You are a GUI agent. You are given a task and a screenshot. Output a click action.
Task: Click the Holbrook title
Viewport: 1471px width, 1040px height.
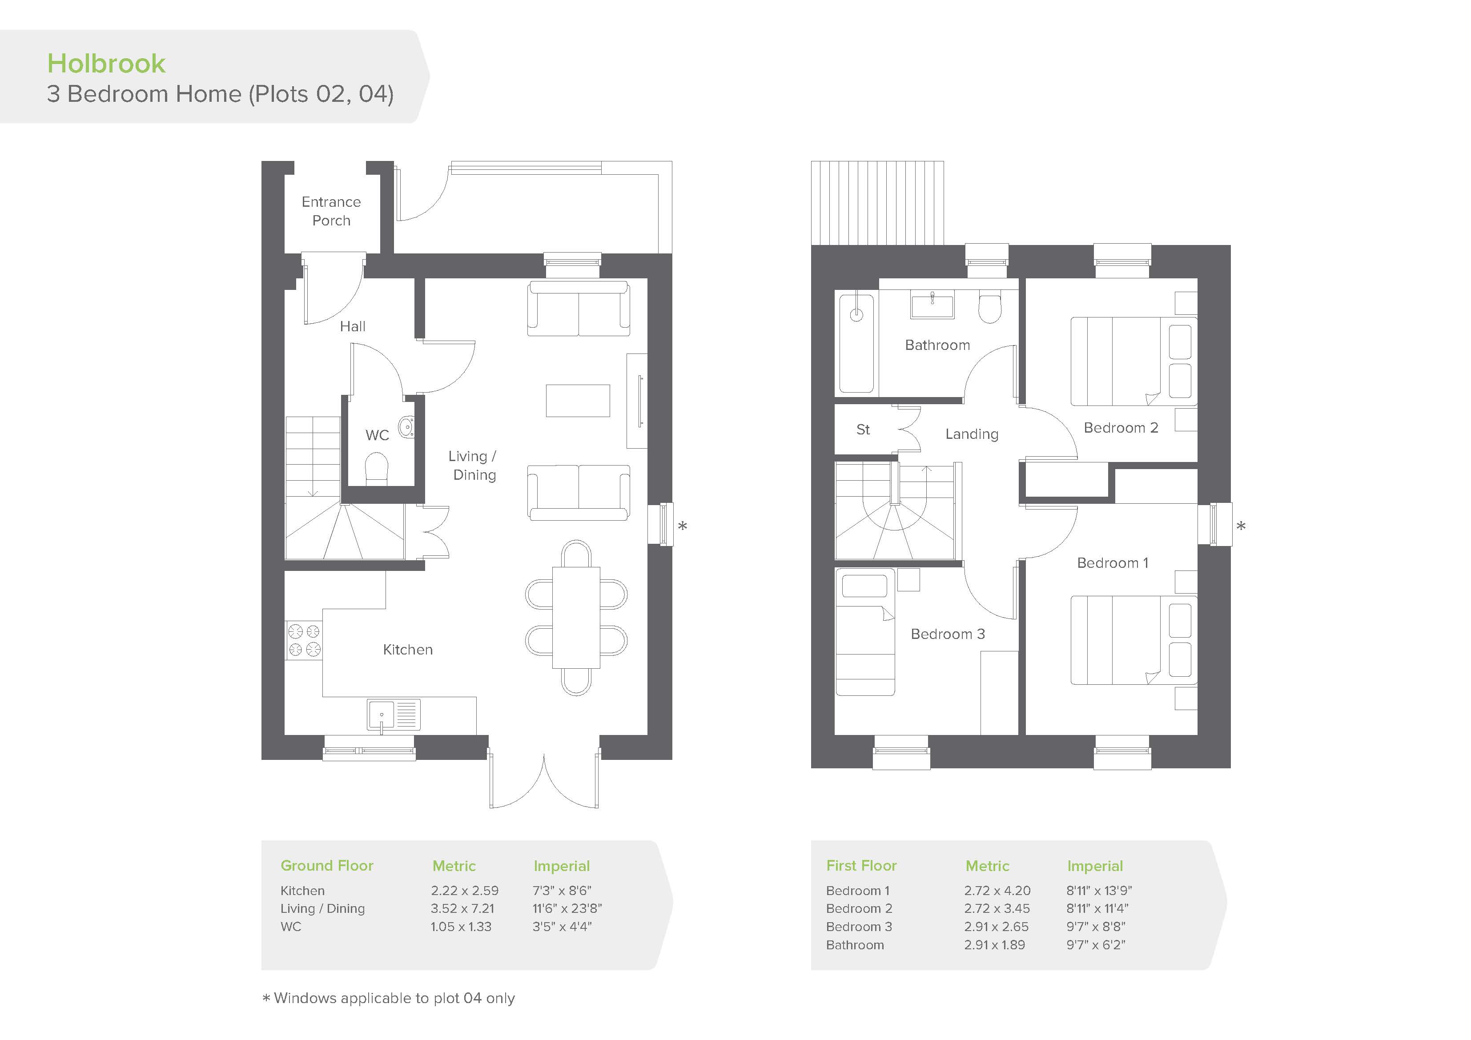point(106,64)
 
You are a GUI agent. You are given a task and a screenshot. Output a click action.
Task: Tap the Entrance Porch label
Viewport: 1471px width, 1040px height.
point(331,211)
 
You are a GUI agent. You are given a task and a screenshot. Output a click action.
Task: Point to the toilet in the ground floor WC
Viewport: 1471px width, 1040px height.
point(377,468)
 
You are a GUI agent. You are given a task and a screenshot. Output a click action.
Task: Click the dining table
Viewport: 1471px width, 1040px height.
point(576,618)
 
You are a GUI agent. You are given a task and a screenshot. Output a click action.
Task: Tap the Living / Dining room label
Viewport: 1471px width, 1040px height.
point(473,465)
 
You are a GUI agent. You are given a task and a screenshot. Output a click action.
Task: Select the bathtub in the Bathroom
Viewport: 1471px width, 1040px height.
point(856,343)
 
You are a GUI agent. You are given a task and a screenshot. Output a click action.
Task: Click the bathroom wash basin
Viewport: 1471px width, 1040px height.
point(932,304)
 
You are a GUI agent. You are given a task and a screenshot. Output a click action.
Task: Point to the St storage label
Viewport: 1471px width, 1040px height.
point(863,430)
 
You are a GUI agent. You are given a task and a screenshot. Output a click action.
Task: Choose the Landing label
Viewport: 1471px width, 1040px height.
point(972,434)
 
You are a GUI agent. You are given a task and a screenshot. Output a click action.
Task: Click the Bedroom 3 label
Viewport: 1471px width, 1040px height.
point(948,634)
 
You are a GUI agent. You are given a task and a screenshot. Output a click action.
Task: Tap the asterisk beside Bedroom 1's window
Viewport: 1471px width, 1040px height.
point(1241,527)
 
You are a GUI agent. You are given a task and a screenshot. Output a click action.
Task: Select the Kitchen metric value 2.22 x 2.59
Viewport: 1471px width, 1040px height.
point(465,891)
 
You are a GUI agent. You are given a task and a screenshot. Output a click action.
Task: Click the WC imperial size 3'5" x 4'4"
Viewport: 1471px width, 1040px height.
point(562,927)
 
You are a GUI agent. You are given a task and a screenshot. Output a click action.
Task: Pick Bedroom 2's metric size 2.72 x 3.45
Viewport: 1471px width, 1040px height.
point(997,909)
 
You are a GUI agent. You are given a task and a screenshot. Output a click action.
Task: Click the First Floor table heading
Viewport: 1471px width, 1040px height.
point(861,866)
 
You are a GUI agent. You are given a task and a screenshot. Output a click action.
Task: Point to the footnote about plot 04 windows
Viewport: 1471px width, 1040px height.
point(389,998)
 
